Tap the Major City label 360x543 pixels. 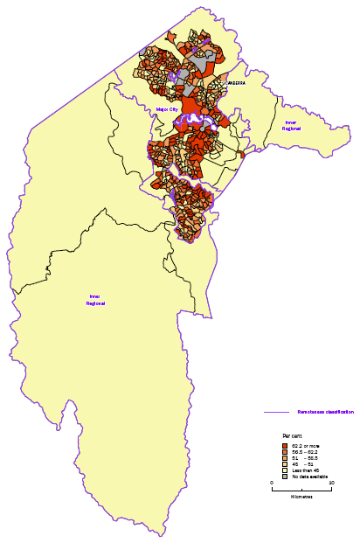pos(166,109)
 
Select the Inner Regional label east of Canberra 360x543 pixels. pos(291,125)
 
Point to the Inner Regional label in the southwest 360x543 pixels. pos(95,300)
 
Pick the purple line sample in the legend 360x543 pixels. pos(277,412)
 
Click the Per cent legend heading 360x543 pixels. pos(293,435)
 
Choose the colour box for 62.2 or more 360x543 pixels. pos(285,446)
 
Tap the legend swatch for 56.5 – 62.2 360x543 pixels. pos(285,452)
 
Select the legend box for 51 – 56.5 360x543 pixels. pos(285,458)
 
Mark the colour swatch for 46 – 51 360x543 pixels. pos(285,464)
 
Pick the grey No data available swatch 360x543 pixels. pos(285,477)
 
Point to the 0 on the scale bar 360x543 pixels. pos(272,483)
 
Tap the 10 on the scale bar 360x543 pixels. pos(331,483)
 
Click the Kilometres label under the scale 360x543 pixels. pos(302,497)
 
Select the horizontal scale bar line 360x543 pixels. pos(301,489)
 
